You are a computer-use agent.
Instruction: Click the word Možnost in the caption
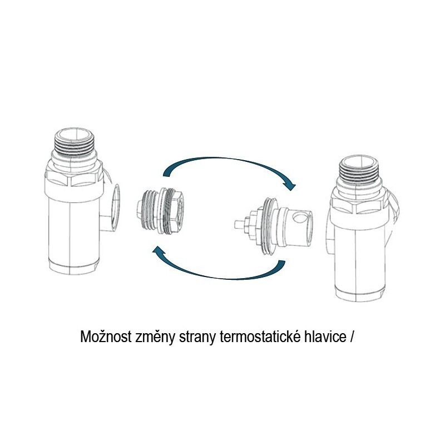pyautogui.click(x=106, y=337)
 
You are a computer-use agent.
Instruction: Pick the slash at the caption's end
pyautogui.click(x=352, y=337)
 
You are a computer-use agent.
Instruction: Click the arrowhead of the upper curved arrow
pyautogui.click(x=289, y=185)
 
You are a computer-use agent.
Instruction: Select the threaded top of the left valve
pyautogui.click(x=75, y=142)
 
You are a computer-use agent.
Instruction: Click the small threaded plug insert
pyautogui.click(x=160, y=211)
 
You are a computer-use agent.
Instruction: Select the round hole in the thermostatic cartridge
pyautogui.click(x=299, y=218)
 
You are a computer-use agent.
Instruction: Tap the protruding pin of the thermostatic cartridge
pyautogui.click(x=240, y=224)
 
